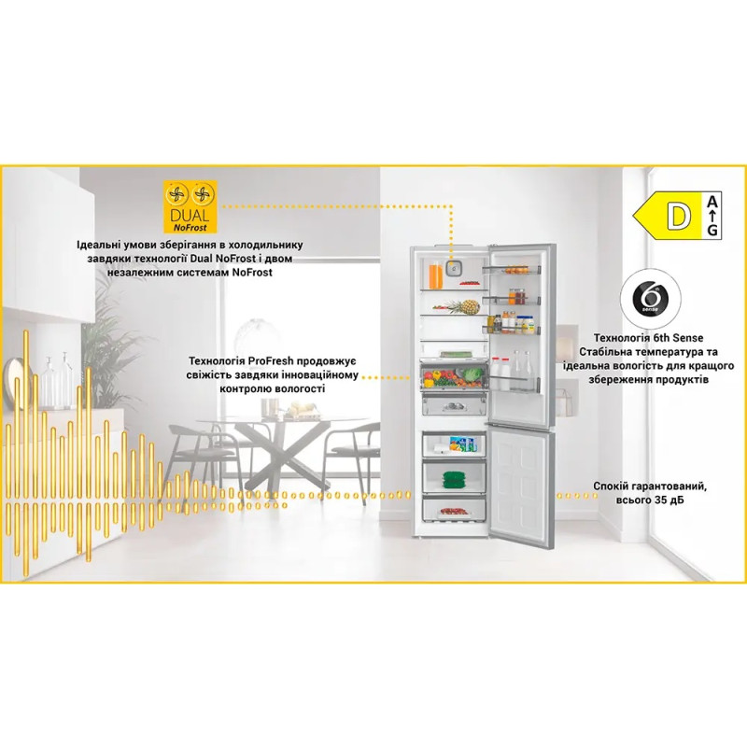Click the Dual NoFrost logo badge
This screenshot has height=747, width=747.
(190, 206)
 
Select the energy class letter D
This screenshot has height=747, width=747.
(679, 216)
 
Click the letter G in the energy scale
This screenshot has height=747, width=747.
(712, 231)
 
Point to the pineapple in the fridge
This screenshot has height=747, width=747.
(466, 306)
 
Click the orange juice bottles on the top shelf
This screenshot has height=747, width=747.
(435, 276)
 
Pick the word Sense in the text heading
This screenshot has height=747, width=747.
(687, 338)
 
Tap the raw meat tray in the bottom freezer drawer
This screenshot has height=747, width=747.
(454, 512)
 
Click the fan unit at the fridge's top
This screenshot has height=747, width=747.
(453, 268)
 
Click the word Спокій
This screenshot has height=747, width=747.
(611, 486)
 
